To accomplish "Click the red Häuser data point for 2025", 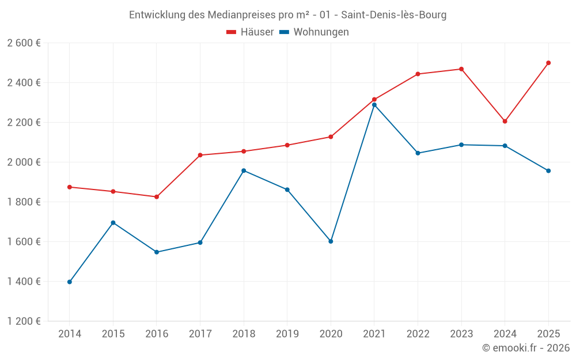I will (548, 63).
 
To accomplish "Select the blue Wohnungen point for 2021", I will (374, 105).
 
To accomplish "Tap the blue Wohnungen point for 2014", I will (70, 282).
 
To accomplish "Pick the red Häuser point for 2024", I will (505, 122).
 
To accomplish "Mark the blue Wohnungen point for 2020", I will (331, 241).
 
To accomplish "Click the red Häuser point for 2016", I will (157, 197).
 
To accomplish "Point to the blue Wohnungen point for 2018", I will (244, 170).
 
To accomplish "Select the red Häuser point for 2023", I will (461, 69).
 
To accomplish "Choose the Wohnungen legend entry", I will (314, 32).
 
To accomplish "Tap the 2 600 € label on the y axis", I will (24, 43).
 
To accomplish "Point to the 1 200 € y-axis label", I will (24, 321).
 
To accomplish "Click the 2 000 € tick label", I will (24, 162).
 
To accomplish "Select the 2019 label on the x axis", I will (287, 334).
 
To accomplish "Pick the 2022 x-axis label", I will (418, 334).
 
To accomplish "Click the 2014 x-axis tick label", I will (70, 334).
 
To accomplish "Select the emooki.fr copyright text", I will (526, 348).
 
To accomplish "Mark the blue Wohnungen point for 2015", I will (113, 223).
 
